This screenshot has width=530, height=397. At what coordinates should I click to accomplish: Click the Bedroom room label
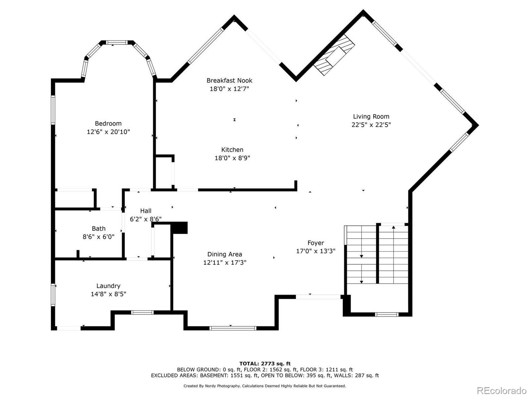coord(108,123)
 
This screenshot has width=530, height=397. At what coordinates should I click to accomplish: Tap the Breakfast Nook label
coord(229,80)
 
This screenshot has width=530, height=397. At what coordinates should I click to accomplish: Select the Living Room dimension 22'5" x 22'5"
coord(371,125)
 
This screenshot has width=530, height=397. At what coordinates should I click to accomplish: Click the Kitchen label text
coord(232,150)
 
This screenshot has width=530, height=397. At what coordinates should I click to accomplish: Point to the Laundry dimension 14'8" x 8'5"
coord(108,294)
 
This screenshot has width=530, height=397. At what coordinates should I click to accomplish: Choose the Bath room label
coord(98,229)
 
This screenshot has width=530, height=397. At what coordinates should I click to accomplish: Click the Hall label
coord(145,211)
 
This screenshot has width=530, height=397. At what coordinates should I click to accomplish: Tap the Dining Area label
coord(225,254)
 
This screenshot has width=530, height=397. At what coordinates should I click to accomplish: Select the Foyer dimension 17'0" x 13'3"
coord(315,251)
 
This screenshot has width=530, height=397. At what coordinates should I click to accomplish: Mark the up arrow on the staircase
coord(394,227)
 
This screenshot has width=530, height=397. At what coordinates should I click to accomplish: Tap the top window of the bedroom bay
coord(117,42)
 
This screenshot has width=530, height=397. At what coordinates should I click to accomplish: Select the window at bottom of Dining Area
coord(233,328)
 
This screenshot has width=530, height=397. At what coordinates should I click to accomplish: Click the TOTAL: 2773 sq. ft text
coord(265,364)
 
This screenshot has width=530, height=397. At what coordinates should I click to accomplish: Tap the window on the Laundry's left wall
coord(53,294)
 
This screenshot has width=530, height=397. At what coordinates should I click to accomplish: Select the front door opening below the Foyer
coord(318,297)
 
